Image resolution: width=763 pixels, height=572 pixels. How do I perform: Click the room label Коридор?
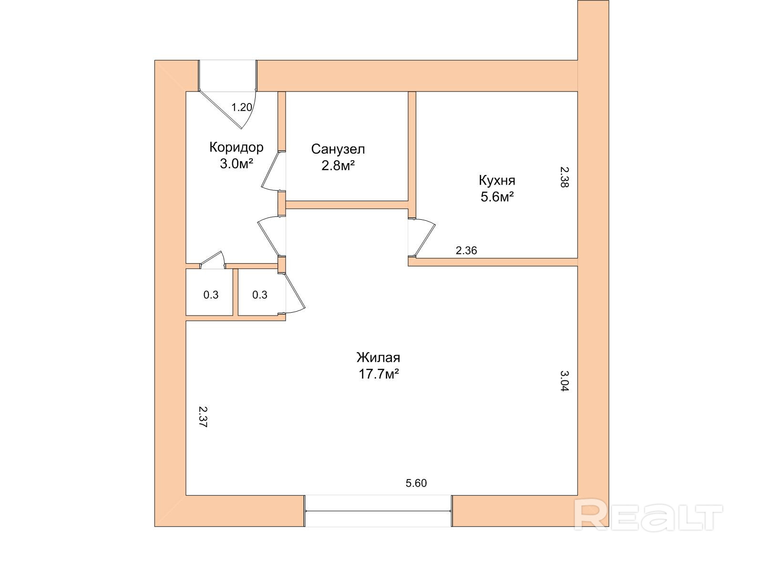236,147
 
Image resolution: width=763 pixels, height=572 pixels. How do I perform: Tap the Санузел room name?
338,149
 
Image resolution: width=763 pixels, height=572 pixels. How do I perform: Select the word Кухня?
497,181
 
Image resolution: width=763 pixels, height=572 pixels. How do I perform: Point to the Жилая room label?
378,357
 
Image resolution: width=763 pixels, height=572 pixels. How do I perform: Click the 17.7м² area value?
379,374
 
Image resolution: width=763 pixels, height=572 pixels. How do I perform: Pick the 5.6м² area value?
497,197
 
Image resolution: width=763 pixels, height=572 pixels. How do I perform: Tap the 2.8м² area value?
338,166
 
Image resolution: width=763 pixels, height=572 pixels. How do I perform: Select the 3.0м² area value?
236,164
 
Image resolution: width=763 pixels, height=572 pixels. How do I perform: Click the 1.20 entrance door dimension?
241,107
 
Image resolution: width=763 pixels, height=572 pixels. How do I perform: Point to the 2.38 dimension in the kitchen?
564,177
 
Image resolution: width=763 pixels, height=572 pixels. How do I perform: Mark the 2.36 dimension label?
466,250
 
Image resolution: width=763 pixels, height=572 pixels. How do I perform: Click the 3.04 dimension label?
564,381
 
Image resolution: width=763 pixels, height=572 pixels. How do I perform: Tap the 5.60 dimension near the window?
416,483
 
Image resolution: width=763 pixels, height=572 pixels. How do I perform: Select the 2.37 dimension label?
202,417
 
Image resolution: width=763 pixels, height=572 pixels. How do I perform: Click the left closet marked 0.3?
211,295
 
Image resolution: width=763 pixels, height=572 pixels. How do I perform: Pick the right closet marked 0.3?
259,295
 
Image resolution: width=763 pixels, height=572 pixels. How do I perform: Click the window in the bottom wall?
378,511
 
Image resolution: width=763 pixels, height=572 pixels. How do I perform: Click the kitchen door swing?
423,237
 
